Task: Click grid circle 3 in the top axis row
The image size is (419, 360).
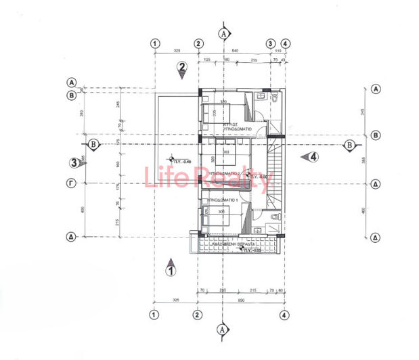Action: coord(269,43)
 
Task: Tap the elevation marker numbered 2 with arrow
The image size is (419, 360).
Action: coord(181,67)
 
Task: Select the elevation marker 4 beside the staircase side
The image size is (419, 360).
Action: coord(312,157)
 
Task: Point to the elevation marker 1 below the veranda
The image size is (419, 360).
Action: coord(171,270)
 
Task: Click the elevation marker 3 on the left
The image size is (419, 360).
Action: coord(76,162)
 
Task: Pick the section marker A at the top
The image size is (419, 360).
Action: coord(223,33)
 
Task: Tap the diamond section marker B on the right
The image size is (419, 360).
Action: coord(349,145)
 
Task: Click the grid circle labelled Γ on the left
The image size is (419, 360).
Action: coord(70,183)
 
